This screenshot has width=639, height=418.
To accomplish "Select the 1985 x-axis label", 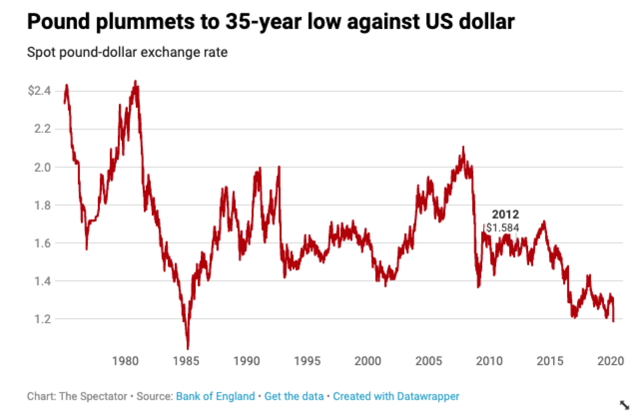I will [186, 361].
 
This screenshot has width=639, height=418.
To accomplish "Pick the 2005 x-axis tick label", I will [429, 361].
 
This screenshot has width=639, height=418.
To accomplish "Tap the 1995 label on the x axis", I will [308, 361].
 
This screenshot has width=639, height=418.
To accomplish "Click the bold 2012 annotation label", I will [505, 214].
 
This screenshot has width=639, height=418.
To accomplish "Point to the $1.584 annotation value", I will [503, 228].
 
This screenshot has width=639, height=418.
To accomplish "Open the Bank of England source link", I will [215, 397].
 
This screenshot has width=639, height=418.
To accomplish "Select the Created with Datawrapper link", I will [396, 397].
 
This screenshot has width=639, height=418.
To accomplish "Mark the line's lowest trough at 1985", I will [188, 349].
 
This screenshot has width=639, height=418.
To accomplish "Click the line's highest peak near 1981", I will [135, 81].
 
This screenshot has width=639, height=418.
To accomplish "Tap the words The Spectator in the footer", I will [92, 397].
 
